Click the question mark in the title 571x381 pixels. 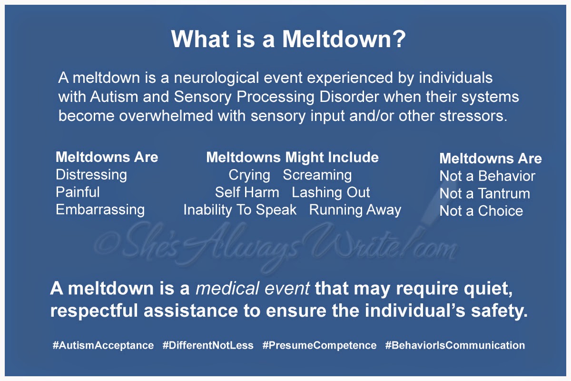click(399, 39)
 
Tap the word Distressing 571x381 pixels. click(91, 175)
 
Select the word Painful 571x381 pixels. click(78, 192)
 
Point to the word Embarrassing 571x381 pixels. click(100, 210)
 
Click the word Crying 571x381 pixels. click(249, 176)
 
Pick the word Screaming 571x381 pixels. click(317, 176)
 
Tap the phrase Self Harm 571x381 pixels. click(247, 192)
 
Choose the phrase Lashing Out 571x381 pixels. click(331, 193)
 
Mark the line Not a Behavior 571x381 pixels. click(487, 176)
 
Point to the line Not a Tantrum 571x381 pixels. click(484, 193)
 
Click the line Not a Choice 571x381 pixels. click(481, 211)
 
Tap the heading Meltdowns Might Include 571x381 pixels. click(292, 158)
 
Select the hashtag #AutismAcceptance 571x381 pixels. click(103, 346)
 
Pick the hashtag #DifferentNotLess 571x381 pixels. click(208, 345)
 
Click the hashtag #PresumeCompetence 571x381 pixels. click(319, 346)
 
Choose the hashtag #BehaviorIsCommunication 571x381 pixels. click(455, 345)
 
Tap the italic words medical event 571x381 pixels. click(253, 289)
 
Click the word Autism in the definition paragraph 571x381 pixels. click(114, 97)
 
